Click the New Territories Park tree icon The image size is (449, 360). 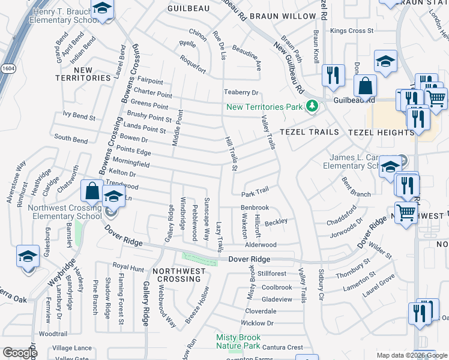[311, 107]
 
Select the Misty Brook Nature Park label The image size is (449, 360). [238, 342]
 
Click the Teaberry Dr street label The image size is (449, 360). [241, 92]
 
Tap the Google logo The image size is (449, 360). [20, 353]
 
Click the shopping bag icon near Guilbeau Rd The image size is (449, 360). [364, 86]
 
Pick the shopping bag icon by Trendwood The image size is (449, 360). [92, 191]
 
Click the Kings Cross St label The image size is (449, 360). [352, 31]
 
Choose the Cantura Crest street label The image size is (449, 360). [283, 347]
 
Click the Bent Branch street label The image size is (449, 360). [356, 187]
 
